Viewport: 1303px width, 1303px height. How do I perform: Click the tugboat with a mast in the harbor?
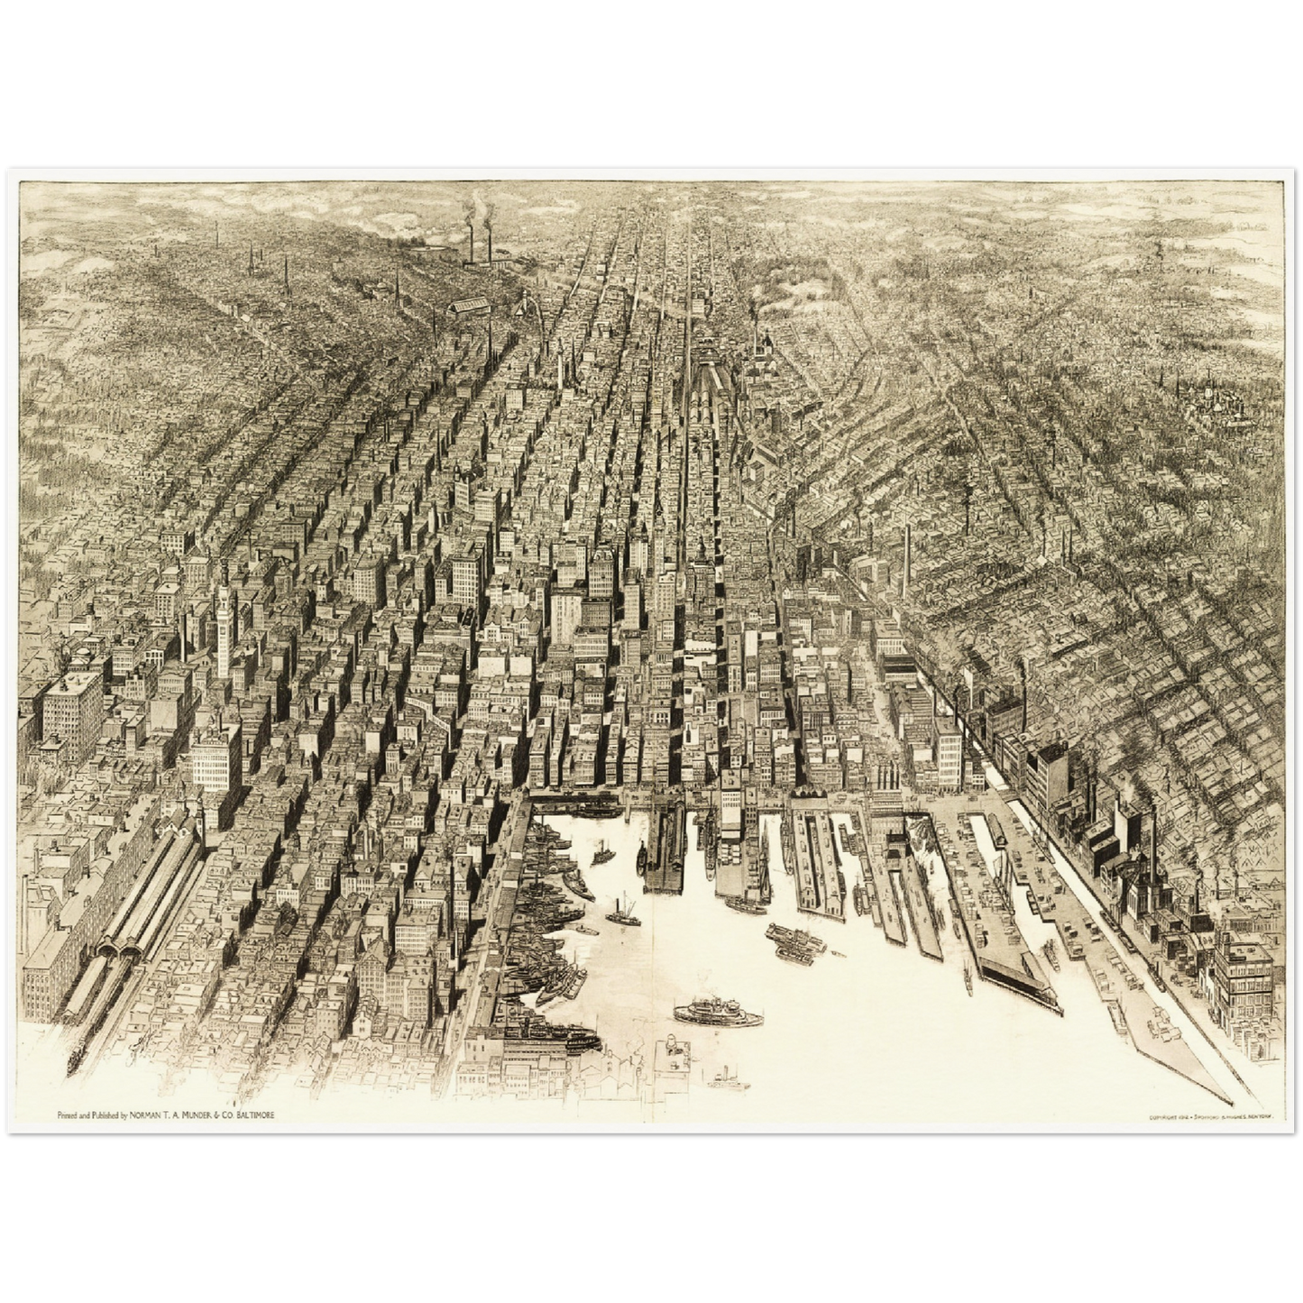(x=622, y=913)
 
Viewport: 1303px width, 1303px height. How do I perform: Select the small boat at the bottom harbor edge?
(x=728, y=1079)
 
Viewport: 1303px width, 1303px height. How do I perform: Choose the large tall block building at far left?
(x=72, y=712)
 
